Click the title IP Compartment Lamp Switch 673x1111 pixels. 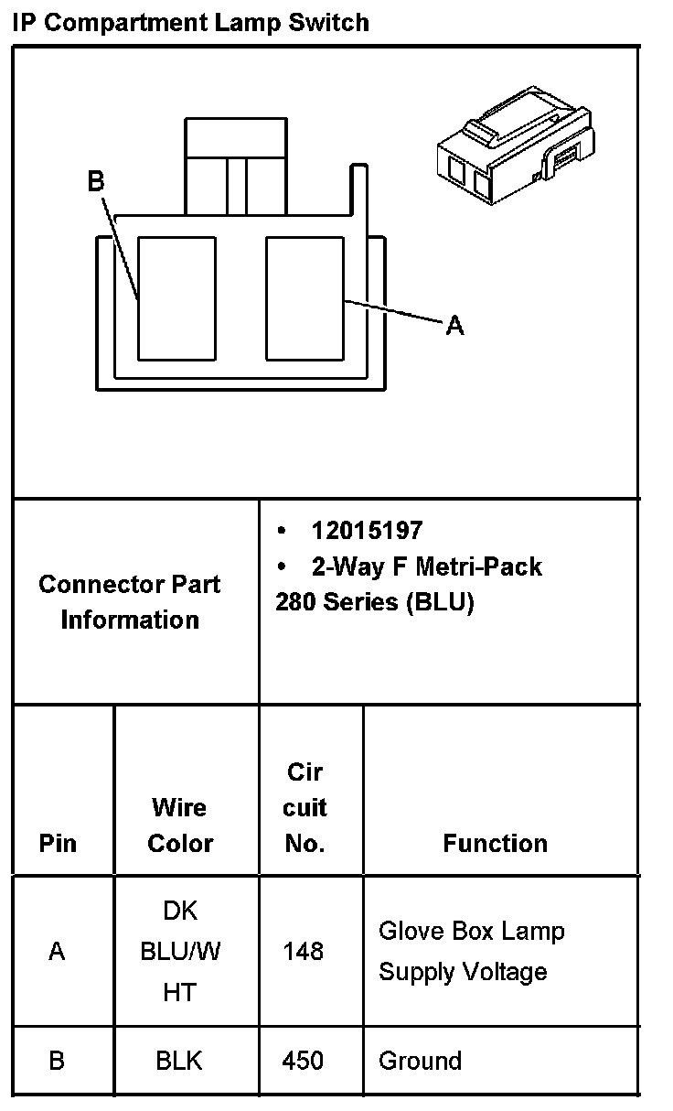pos(191,22)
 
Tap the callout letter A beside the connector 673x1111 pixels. pos(454,325)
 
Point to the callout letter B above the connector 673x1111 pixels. pos(96,182)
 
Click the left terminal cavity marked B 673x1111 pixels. pos(176,297)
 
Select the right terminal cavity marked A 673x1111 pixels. pos(304,297)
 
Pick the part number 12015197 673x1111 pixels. pos(367,531)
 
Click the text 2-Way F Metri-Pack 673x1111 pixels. pos(426,567)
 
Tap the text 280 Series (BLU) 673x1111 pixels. pos(375,603)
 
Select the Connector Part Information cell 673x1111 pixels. pos(130,601)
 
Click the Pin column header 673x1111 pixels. pos(58,843)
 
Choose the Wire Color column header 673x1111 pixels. pos(180,825)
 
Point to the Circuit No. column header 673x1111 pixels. pos(305,807)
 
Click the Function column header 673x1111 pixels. pos(495,843)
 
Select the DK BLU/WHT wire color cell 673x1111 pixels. pos(180,951)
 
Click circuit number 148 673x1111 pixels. pos(304,952)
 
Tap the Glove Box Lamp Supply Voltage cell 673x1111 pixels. pos(471,951)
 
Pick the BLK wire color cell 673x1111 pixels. pos(179,1061)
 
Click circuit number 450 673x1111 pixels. pos(304,1061)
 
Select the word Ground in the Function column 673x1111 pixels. pos(420,1061)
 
